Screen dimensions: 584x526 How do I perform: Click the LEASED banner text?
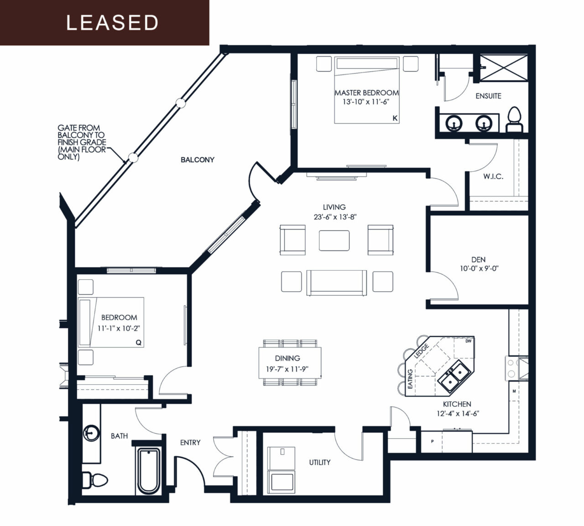112,22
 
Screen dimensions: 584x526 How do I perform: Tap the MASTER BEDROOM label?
366,93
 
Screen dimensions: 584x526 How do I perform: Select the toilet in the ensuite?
514,120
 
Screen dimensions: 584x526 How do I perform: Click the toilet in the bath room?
95,480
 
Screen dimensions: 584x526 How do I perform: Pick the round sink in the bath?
91,433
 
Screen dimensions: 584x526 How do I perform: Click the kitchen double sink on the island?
455,375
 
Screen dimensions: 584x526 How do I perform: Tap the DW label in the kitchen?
468,341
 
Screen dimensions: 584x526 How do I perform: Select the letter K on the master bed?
395,118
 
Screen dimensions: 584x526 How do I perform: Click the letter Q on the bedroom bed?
139,342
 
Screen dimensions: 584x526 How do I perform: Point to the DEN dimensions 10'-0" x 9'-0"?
479,268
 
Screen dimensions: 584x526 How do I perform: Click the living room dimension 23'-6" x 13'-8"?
335,217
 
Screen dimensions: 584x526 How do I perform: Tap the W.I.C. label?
493,176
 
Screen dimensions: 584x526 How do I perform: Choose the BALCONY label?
198,160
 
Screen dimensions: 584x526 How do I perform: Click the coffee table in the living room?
334,241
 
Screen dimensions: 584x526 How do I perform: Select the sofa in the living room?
337,283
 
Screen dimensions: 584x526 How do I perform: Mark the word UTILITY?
320,462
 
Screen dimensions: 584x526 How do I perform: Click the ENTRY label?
190,442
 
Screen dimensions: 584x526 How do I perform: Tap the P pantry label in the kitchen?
433,441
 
